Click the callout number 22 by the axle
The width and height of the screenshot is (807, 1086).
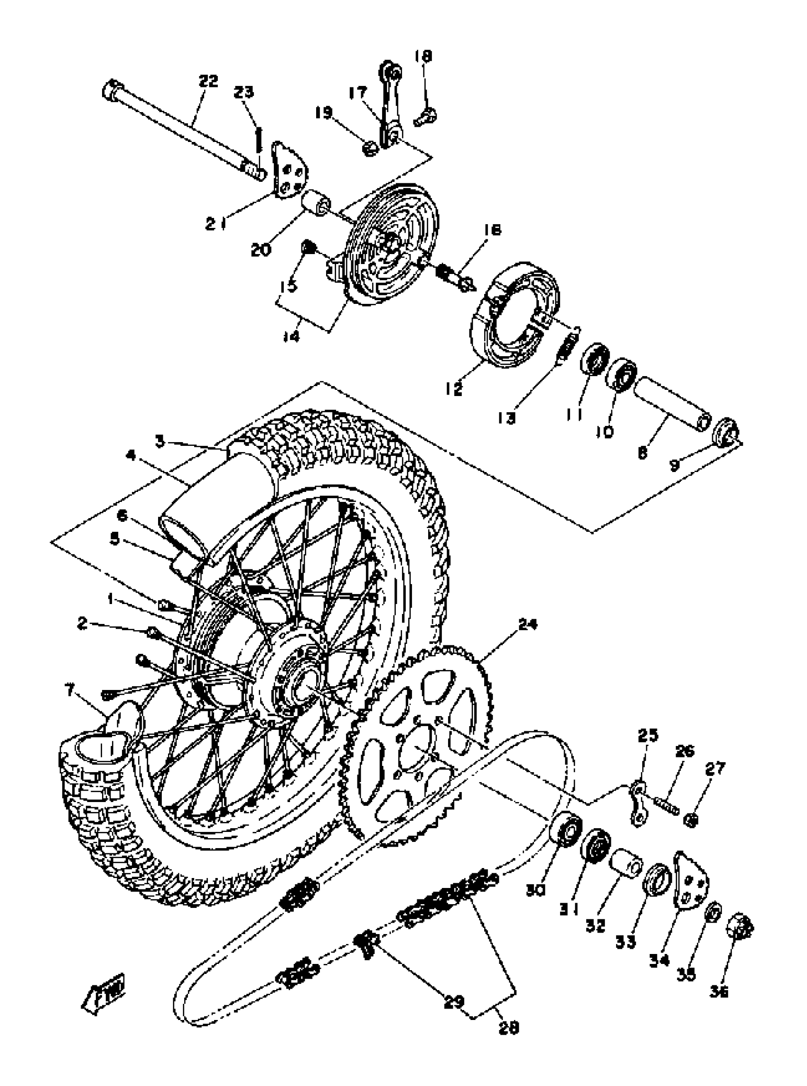(208, 81)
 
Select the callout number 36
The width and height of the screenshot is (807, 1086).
(720, 991)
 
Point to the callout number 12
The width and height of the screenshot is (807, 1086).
(454, 389)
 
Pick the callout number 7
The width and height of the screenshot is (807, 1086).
(70, 690)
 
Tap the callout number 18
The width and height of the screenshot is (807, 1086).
(423, 56)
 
